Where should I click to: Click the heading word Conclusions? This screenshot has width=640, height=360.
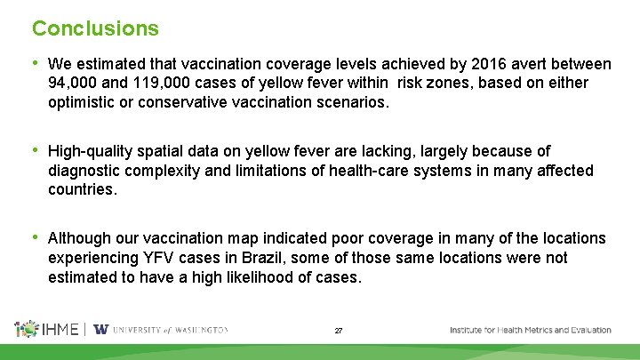point(95,28)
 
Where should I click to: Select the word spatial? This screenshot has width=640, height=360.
point(169,151)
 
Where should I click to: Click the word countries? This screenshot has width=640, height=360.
point(82,188)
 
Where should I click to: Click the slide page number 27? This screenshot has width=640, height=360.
point(339,331)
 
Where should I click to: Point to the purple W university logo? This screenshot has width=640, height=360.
point(100,329)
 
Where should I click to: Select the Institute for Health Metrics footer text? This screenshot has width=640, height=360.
point(530,330)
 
